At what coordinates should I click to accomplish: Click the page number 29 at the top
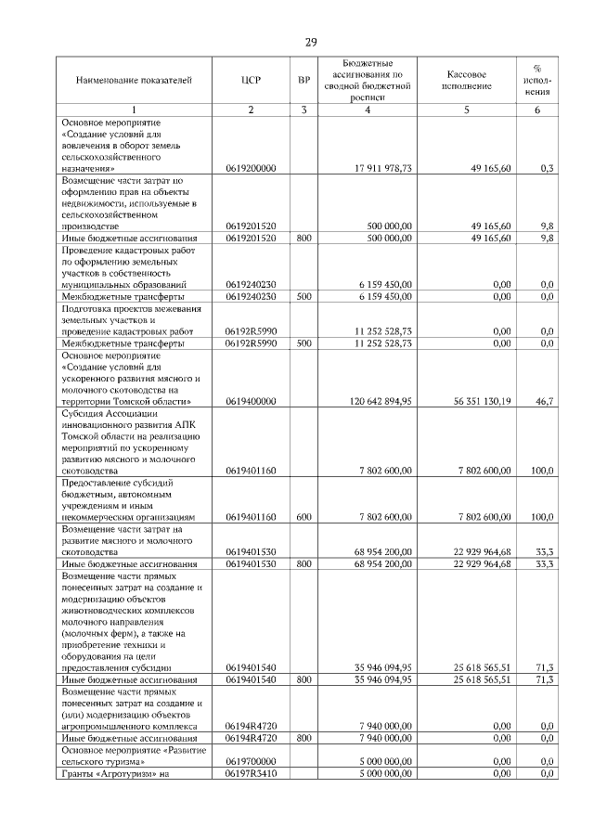click(x=311, y=42)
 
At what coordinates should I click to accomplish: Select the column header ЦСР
click(x=251, y=81)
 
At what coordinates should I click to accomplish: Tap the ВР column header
click(x=303, y=81)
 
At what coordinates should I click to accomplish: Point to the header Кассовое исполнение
click(x=467, y=81)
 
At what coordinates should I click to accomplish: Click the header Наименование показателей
click(x=134, y=81)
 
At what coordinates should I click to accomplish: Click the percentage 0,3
click(x=547, y=169)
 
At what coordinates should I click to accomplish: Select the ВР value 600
click(x=303, y=517)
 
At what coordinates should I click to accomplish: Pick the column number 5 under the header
click(x=467, y=110)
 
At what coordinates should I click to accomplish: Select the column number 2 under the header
click(x=251, y=110)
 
